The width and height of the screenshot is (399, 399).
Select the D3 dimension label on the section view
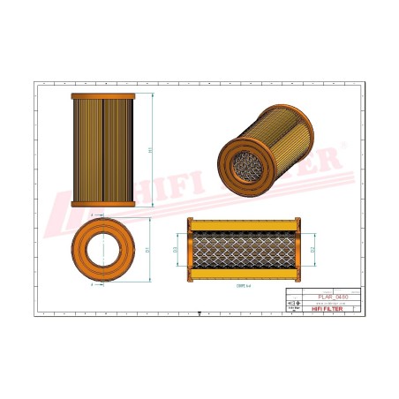[x=176, y=250]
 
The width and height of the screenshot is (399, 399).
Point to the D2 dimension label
[x=313, y=250]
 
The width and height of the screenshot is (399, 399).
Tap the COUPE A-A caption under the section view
[x=242, y=286]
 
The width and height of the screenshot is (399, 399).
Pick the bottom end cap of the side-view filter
[x=102, y=204]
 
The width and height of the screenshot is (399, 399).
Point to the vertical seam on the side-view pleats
[x=102, y=150]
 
